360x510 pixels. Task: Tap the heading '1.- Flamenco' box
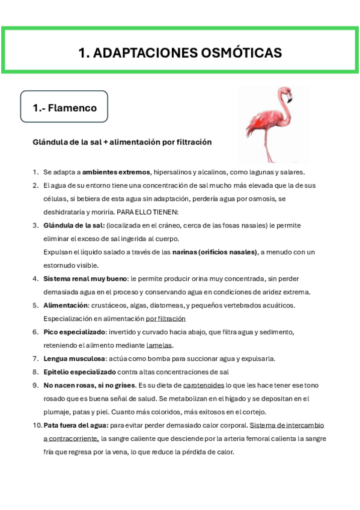pos(64,108)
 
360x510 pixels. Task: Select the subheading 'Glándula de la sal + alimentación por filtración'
pos(122,143)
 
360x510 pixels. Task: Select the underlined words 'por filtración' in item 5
pos(165,318)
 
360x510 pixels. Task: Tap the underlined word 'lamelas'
pos(159,345)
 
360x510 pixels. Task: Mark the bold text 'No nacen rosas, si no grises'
pos(89,385)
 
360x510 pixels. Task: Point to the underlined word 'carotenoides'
pos(203,385)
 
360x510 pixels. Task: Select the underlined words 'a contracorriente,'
pos(71,438)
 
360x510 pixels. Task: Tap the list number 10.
pos(36,425)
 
